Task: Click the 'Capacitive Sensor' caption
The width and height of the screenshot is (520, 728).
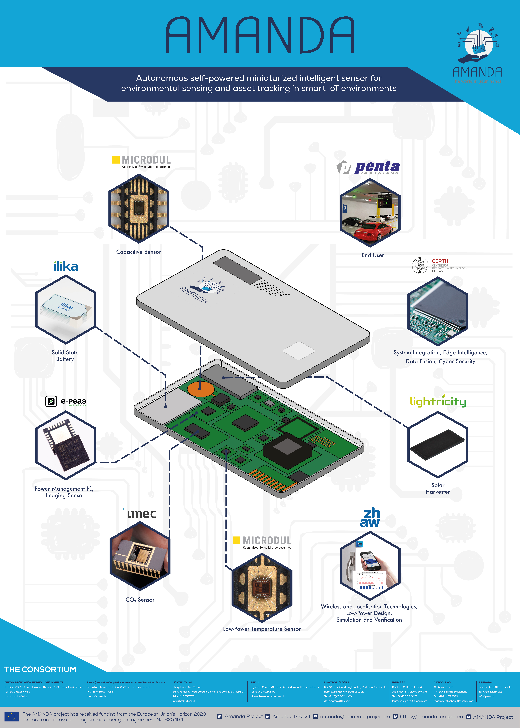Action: point(139,252)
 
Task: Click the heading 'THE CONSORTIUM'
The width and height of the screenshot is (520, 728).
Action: point(40,669)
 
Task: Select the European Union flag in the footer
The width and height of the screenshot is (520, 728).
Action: point(12,716)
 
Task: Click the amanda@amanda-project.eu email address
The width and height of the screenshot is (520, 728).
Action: point(355,716)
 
